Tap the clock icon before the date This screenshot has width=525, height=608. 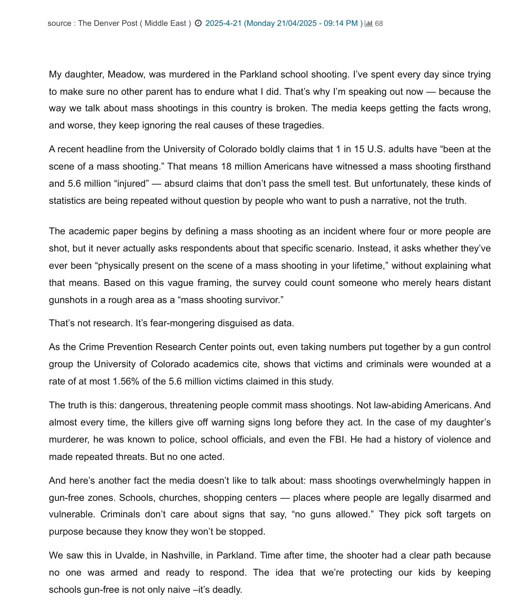198,23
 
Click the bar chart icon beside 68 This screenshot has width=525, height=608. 368,23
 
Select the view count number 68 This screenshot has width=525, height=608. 379,23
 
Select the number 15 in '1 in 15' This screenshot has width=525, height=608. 359,149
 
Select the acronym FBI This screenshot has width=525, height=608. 338,439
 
